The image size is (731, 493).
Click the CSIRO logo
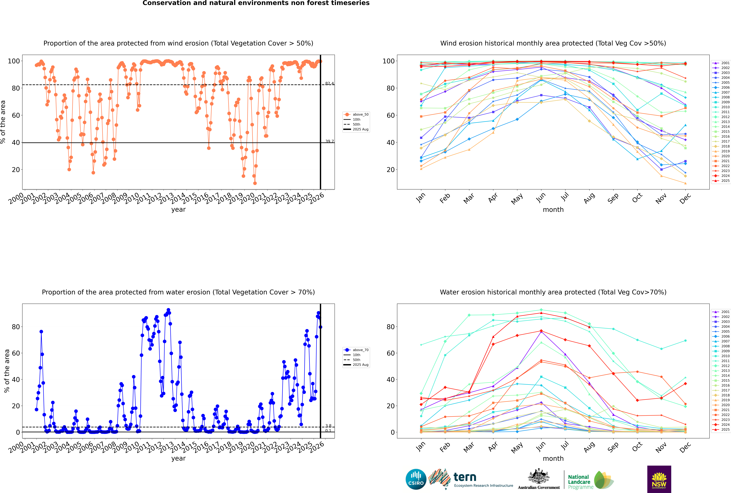tap(416, 479)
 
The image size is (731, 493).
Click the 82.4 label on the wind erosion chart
tap(329, 83)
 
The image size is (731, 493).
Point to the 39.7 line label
tap(329, 141)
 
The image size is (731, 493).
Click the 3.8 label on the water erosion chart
tap(328, 426)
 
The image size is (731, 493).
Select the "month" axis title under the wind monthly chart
tap(553, 210)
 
